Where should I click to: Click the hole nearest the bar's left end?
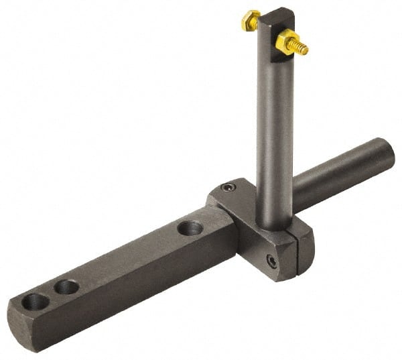pos(36,302)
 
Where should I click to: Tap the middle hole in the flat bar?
pos(66,288)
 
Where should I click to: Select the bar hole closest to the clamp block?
pos(190,228)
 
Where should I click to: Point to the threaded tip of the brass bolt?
pos(304,49)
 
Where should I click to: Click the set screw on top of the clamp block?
pos(228,188)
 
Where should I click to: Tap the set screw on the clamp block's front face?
pos(271,261)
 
